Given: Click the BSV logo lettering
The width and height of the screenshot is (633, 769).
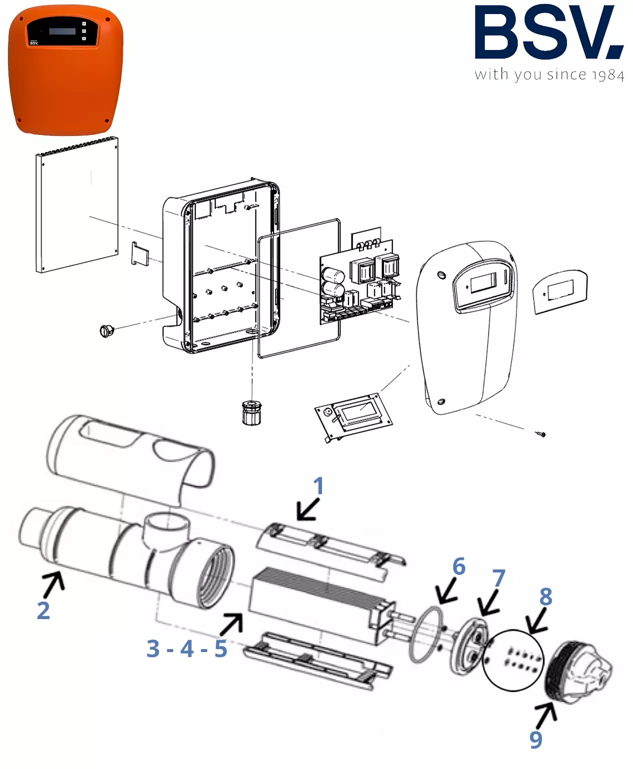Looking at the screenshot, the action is click(x=549, y=32).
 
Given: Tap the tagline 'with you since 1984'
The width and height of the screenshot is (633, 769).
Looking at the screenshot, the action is click(x=549, y=75).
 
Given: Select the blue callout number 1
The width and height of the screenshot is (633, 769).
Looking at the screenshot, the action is click(x=318, y=486).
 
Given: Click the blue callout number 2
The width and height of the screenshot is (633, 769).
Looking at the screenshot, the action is click(x=43, y=610).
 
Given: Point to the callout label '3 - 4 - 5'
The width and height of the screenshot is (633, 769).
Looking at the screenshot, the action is click(x=187, y=649).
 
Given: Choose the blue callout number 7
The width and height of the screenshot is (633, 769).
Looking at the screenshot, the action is click(x=499, y=578).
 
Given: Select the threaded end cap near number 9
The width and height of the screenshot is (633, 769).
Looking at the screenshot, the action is click(x=578, y=673).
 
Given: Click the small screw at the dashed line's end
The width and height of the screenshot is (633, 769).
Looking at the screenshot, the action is click(x=541, y=435).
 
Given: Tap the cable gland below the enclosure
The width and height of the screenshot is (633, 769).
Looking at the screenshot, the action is click(x=252, y=413).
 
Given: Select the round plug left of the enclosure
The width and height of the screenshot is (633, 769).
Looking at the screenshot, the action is click(x=107, y=330).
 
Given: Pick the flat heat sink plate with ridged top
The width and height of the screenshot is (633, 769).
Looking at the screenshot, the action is click(x=77, y=205).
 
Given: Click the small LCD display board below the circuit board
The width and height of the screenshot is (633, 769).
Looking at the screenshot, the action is click(x=353, y=417).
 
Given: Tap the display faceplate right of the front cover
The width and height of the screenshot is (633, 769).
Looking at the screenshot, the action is click(x=560, y=291).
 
